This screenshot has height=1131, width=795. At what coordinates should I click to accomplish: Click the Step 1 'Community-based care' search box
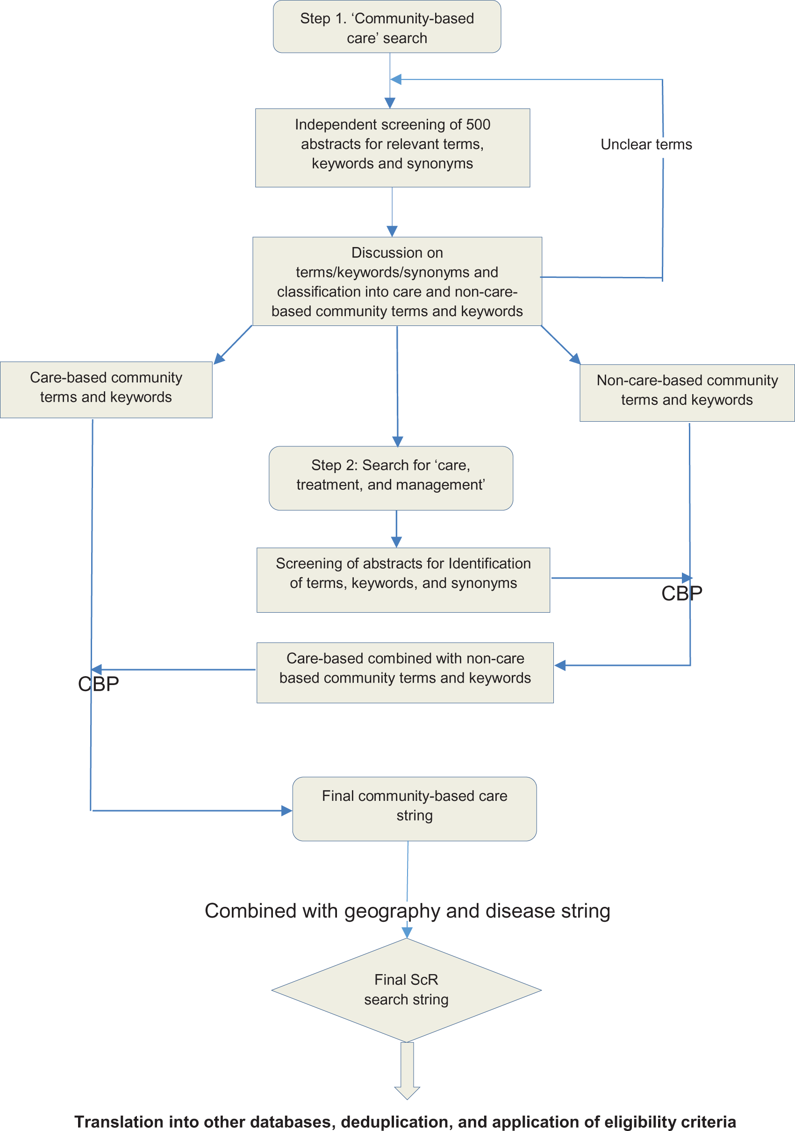pos(387,27)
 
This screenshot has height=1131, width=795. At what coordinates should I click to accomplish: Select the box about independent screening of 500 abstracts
pos(392,147)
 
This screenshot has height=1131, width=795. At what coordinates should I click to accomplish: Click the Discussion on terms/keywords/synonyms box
pos(397,281)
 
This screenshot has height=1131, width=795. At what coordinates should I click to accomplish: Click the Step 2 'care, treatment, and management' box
pos(390,477)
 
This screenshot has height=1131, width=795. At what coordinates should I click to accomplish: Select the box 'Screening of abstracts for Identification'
pos(403,580)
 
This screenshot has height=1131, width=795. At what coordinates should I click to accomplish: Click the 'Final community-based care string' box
pos(414,808)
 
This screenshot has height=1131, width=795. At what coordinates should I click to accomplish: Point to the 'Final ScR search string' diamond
pos(406,990)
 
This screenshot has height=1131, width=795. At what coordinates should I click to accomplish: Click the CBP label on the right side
pos(681,594)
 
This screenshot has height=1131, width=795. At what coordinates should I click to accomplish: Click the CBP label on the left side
pos(98,684)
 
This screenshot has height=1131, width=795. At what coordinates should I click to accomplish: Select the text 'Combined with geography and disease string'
pos(407,911)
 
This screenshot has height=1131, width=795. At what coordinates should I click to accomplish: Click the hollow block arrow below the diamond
pos(407,1071)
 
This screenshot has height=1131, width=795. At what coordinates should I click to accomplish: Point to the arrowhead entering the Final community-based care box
pos(286,810)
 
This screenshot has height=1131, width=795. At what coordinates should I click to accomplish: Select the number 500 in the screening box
pos(478,125)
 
